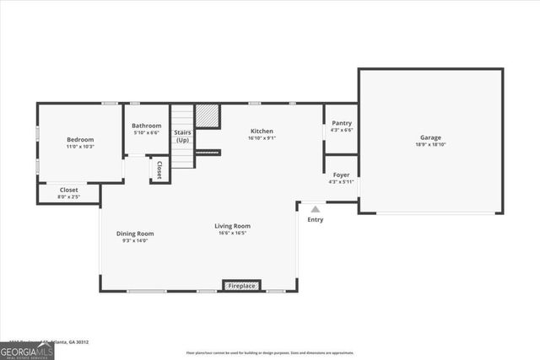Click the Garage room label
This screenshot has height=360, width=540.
click(430, 137)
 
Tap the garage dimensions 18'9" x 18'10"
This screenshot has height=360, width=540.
click(430, 144)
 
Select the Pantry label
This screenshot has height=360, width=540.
click(341, 123)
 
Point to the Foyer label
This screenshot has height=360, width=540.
click(341, 175)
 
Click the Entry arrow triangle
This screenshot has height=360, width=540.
click(315, 209)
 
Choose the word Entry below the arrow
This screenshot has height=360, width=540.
click(315, 219)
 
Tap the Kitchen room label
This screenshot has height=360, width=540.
click(262, 131)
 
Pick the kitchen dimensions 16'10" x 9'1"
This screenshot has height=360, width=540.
click(262, 138)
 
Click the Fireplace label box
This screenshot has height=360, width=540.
click(241, 287)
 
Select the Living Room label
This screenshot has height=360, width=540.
click(232, 226)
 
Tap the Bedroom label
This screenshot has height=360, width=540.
click(80, 139)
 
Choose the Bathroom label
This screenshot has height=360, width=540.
click(147, 126)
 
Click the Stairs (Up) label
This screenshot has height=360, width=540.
click(182, 136)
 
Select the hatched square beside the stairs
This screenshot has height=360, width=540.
click(207, 116)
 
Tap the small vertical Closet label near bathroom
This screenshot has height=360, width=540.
click(159, 169)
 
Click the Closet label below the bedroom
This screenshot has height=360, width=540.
click(68, 190)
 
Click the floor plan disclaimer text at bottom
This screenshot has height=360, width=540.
click(270, 353)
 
